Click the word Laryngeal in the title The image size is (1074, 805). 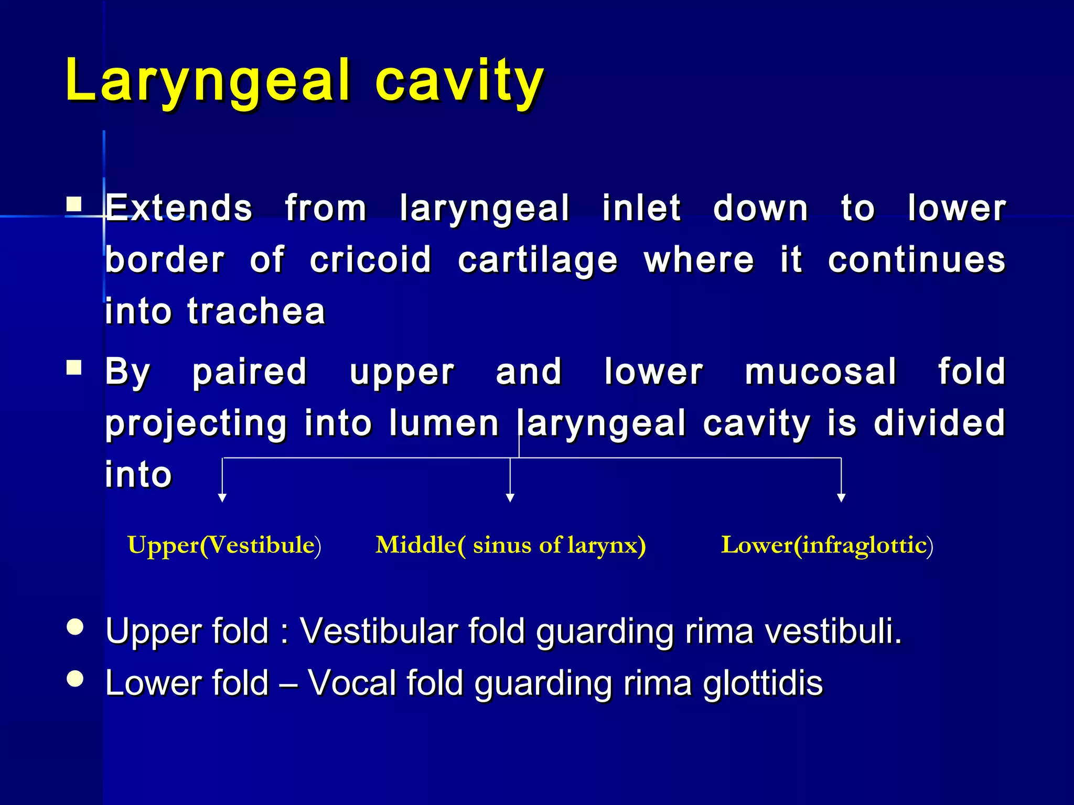point(207,81)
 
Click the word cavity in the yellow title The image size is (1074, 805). point(459,81)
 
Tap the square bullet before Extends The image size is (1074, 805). point(74,204)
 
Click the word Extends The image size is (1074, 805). point(179,209)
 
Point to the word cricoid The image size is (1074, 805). point(370,260)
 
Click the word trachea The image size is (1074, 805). point(256,311)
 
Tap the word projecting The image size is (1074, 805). point(196,423)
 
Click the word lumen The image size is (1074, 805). point(444,423)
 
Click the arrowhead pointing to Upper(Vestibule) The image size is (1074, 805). point(222,498)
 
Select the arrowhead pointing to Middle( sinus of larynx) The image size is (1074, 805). point(510,498)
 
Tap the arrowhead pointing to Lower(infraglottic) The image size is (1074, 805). point(841,498)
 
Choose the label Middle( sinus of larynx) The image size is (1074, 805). point(510,546)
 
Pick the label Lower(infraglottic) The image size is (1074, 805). point(826,546)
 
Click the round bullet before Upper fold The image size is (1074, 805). point(76,627)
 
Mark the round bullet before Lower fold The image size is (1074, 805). point(76,679)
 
